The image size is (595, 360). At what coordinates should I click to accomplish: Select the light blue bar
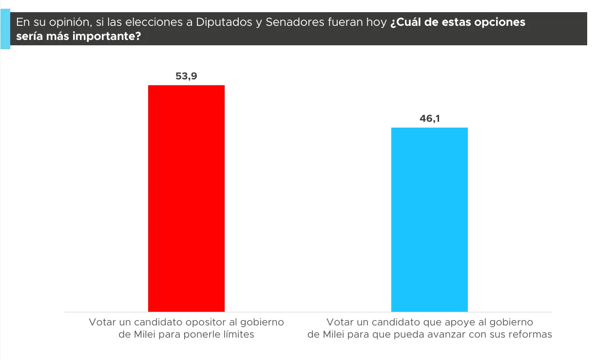click(429, 219)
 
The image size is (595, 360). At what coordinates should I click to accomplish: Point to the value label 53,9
click(186, 76)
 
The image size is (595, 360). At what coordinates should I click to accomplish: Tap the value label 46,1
click(429, 118)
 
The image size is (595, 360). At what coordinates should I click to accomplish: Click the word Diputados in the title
click(224, 22)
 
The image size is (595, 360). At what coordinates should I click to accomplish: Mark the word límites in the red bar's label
click(237, 335)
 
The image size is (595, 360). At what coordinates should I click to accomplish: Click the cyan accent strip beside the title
click(5, 30)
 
